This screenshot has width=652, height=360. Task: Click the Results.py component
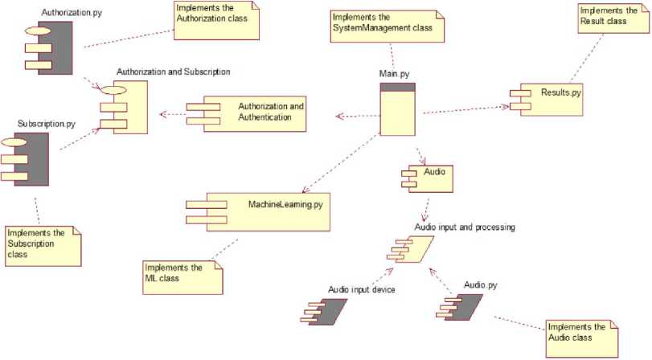click(546, 95)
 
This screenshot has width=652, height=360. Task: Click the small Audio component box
click(423, 174)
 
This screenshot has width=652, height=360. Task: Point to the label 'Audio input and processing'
click(464, 228)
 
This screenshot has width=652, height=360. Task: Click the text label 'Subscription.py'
click(47, 125)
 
